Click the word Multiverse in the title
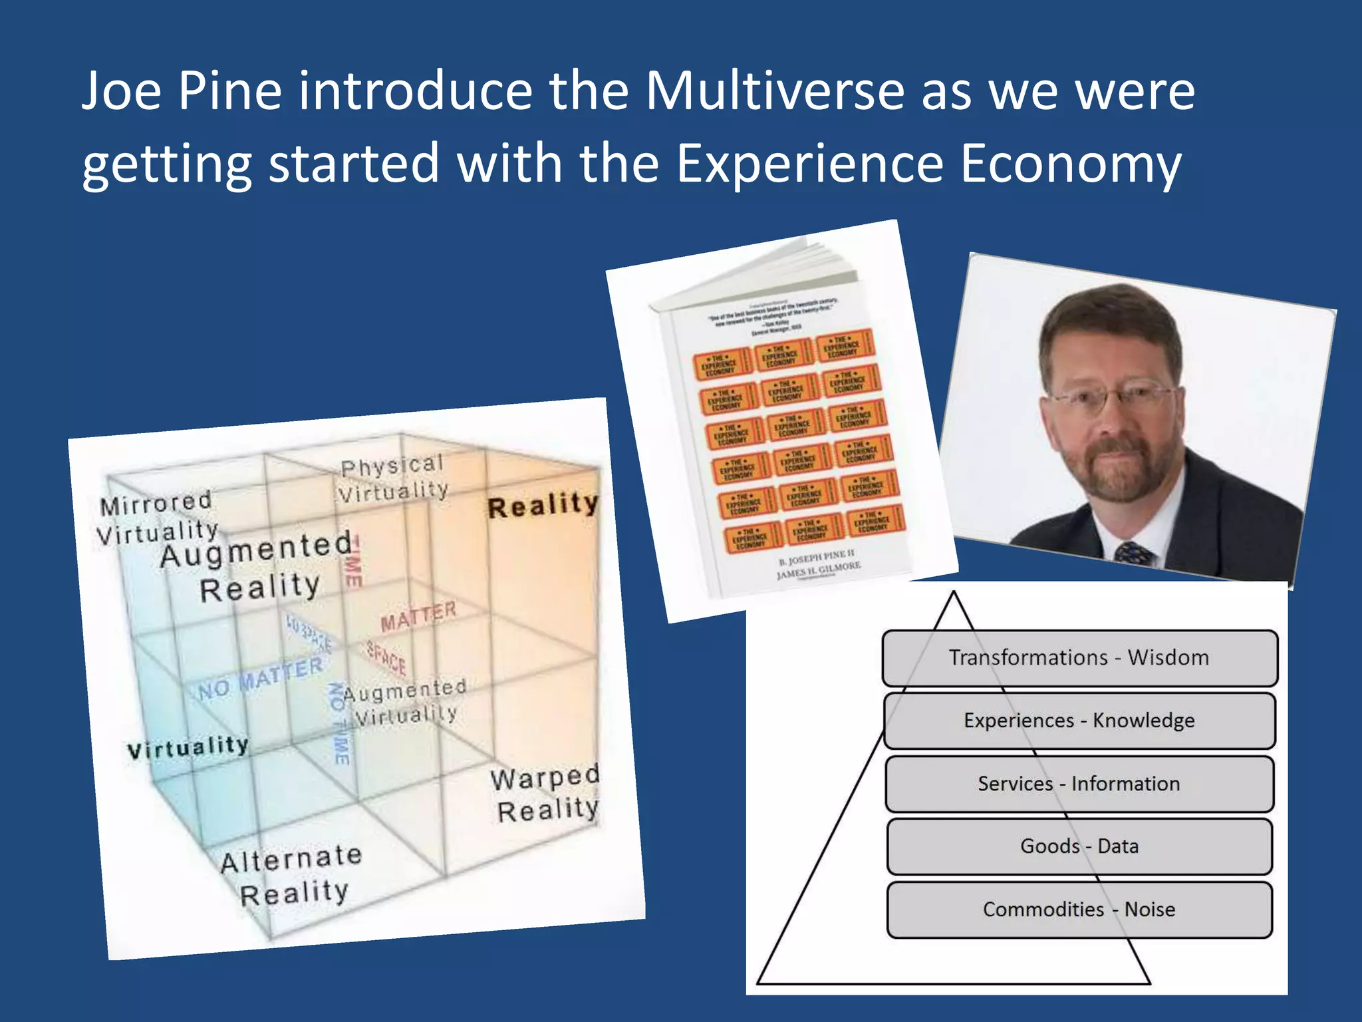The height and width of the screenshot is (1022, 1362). click(774, 91)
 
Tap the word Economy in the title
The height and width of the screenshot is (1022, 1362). click(1070, 163)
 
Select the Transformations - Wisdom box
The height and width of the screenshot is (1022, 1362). click(1079, 657)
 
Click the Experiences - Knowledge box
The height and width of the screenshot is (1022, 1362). click(1079, 721)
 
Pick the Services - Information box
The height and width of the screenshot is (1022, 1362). click(1079, 783)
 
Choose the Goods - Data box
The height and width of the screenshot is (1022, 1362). click(1079, 846)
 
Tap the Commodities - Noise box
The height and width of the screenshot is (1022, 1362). click(1079, 910)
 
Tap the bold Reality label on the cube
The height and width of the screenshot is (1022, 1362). click(543, 506)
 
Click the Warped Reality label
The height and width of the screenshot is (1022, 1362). click(546, 794)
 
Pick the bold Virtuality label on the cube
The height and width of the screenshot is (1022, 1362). click(188, 748)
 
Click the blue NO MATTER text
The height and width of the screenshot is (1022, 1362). click(260, 679)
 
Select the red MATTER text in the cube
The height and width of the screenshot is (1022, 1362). click(418, 617)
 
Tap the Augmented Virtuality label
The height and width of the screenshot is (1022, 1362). click(406, 703)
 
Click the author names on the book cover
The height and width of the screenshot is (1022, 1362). click(818, 564)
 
